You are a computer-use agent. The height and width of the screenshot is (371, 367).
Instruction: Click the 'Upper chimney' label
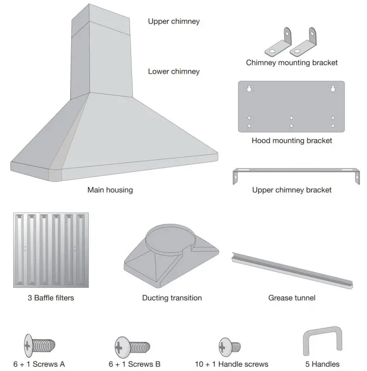(173, 21)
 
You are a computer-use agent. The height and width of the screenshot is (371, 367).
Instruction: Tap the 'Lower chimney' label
(173, 71)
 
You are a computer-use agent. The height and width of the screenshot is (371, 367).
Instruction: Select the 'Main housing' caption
(110, 190)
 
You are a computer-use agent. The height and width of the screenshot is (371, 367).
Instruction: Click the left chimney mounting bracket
(277, 43)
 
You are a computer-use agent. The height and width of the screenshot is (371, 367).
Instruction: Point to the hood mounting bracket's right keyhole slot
(333, 89)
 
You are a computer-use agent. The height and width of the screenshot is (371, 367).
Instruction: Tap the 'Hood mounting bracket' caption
(292, 141)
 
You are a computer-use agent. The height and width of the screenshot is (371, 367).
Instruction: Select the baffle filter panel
(51, 250)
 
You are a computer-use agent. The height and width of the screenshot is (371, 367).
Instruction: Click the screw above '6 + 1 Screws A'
(39, 344)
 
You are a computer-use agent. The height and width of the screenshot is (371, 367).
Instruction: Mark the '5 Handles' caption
(322, 364)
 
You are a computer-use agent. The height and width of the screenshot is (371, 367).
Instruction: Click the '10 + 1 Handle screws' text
(231, 364)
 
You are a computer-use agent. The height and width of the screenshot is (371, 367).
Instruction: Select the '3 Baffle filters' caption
(51, 298)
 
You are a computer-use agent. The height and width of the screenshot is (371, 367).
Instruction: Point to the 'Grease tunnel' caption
(292, 298)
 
